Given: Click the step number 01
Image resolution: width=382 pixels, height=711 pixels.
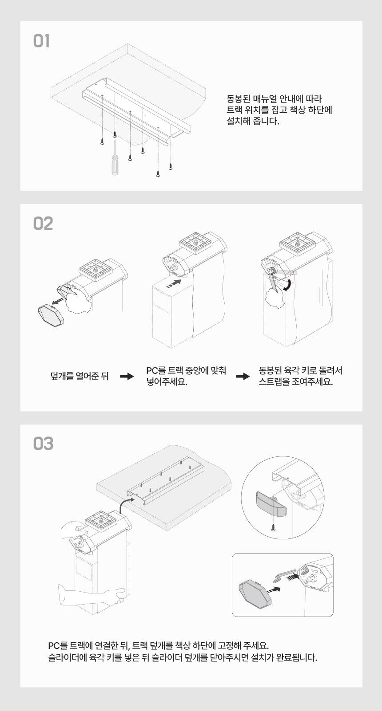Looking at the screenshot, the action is pos(41,42).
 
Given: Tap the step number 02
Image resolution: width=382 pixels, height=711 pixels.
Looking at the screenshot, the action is pos(43,224).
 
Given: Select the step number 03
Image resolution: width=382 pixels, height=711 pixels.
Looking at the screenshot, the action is pos(43,444).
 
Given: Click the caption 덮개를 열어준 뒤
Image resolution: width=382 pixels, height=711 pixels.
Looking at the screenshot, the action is pos(80,377).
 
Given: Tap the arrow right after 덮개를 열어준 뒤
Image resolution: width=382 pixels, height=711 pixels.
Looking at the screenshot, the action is pos(127,377).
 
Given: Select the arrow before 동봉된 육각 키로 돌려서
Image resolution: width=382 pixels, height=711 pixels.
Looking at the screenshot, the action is pos(243,377).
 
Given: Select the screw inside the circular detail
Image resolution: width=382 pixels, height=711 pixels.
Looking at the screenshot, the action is pos(273,527).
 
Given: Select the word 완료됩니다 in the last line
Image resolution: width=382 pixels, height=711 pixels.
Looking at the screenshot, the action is pos(297,657).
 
